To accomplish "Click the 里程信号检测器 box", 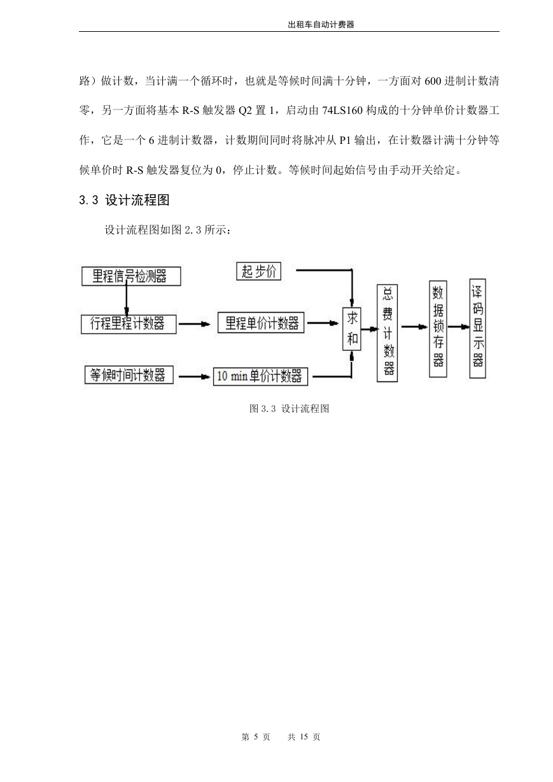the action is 131,276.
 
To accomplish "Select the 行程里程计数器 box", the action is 129,324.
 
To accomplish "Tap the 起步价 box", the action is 258,271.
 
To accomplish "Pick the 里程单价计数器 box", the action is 261,323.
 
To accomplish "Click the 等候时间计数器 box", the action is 129,375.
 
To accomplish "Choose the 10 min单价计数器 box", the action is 261,376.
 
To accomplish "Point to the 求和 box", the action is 352,329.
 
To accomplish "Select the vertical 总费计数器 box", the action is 388,333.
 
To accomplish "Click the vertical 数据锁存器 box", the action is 438,329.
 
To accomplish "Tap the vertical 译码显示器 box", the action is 478,329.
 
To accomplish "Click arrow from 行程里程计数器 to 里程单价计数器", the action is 194,324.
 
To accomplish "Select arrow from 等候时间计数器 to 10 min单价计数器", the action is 194,377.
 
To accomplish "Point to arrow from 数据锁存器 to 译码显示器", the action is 458,327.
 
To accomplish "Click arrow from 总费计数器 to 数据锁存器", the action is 414,327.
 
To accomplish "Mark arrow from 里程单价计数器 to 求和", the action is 323,323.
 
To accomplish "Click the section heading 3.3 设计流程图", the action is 124,200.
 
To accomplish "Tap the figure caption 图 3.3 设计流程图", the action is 290,408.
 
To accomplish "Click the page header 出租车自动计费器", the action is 321,24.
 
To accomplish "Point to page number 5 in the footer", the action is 256,737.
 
